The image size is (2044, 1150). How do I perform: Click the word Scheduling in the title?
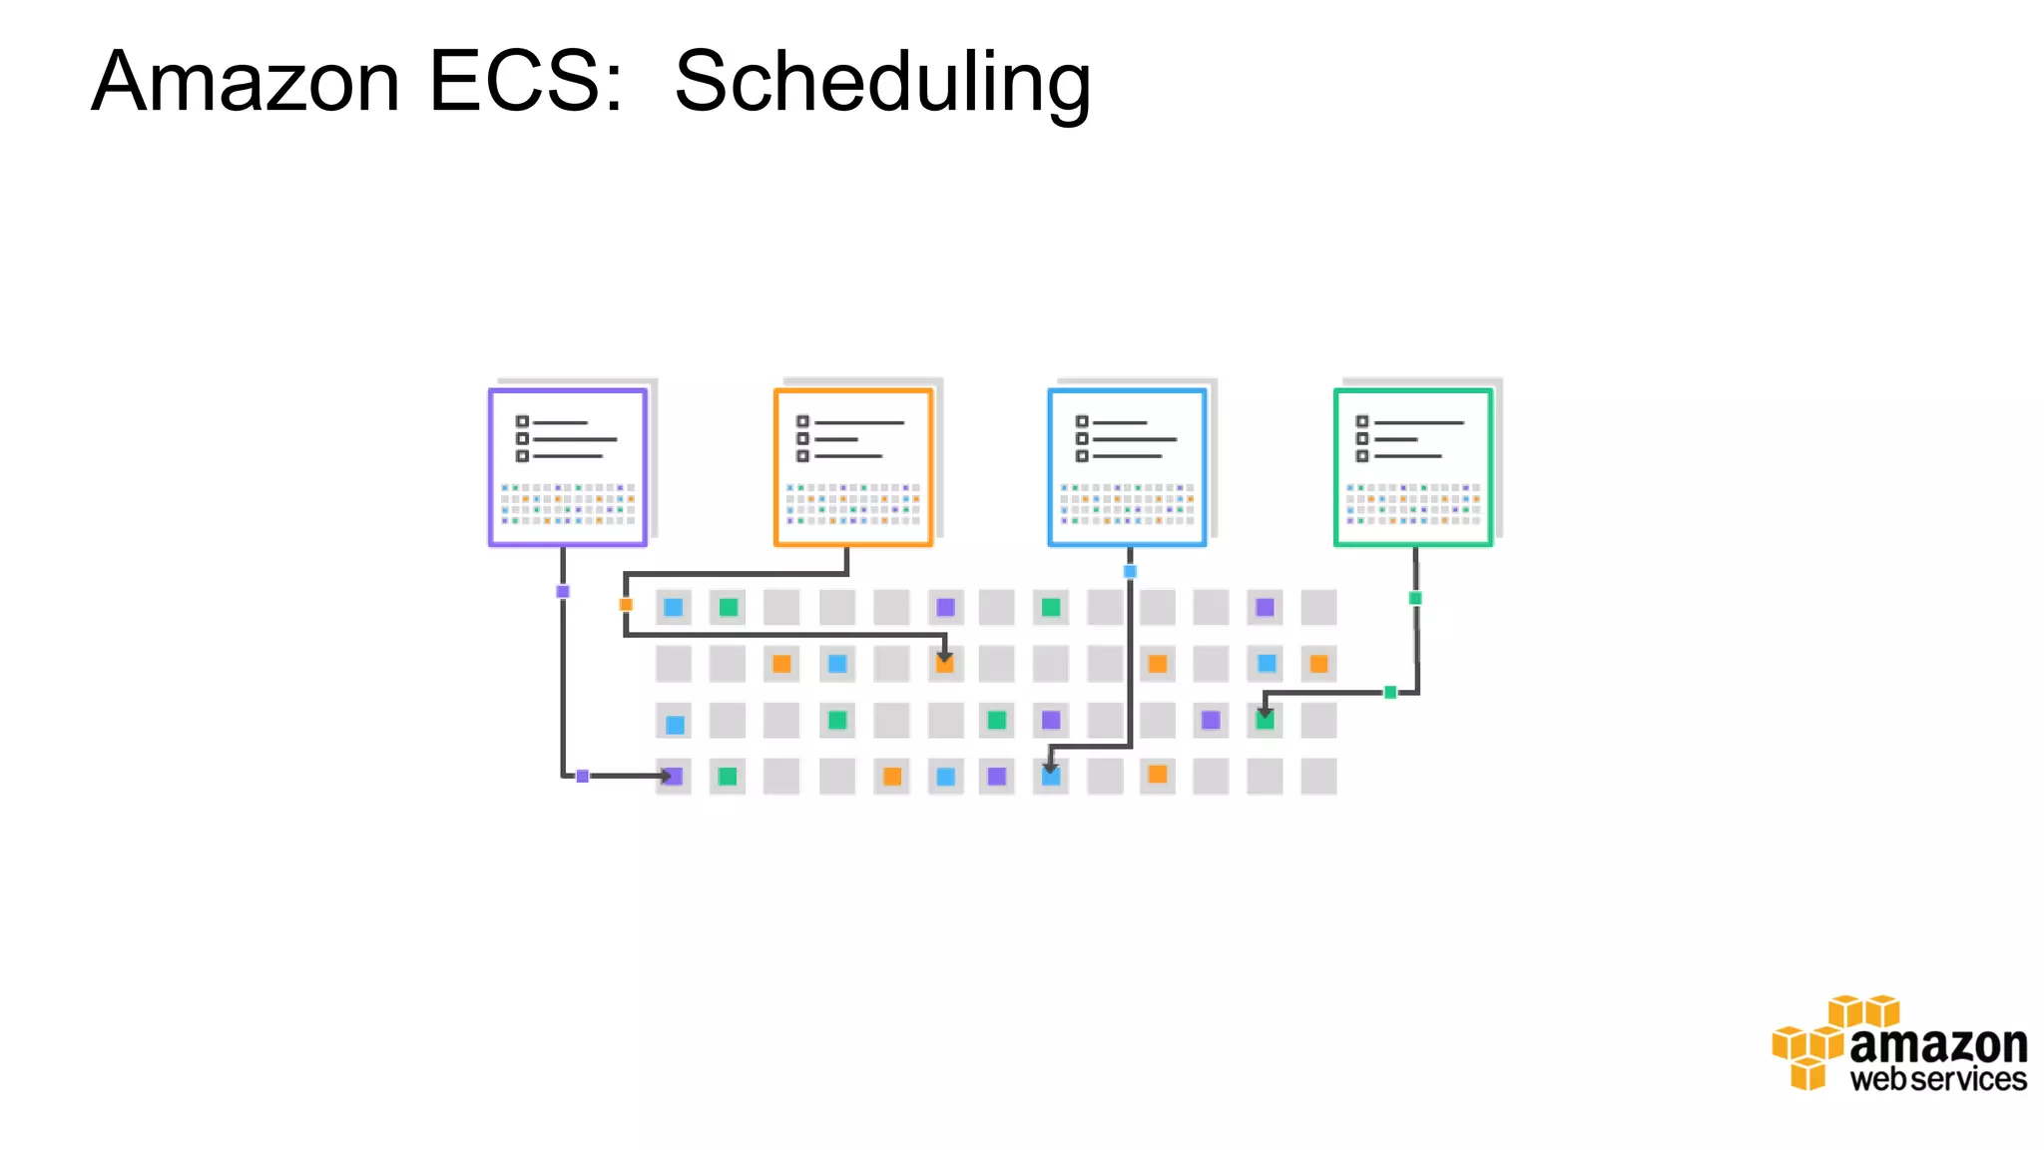882,83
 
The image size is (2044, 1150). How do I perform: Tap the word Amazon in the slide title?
246,81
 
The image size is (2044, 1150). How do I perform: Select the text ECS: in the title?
526,81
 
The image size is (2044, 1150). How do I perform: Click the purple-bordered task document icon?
568,467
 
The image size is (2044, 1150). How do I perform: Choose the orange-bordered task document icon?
853,467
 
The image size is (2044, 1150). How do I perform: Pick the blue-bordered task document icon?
1128,467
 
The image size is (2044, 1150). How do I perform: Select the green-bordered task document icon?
1413,467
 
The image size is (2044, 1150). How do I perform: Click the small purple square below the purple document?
563,592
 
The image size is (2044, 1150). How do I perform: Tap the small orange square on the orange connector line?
626,604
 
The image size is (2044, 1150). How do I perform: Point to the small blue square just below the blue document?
1130,572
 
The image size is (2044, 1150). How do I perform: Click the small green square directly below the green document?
1415,598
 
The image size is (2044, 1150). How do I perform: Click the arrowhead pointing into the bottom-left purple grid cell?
665,776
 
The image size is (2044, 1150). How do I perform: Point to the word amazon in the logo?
1938,1045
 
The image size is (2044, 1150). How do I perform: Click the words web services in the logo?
1938,1080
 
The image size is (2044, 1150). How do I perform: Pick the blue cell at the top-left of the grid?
674,607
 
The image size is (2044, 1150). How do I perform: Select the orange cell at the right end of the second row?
1318,664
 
